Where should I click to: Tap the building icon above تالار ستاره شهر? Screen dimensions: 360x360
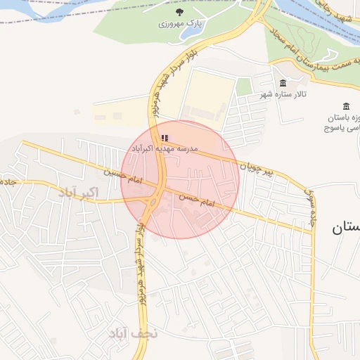point(282,83)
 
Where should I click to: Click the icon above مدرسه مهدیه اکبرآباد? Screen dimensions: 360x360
point(165,138)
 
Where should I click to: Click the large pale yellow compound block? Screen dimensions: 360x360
point(207,98)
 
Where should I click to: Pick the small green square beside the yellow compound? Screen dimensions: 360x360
point(243,86)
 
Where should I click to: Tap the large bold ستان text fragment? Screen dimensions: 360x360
point(345,226)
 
